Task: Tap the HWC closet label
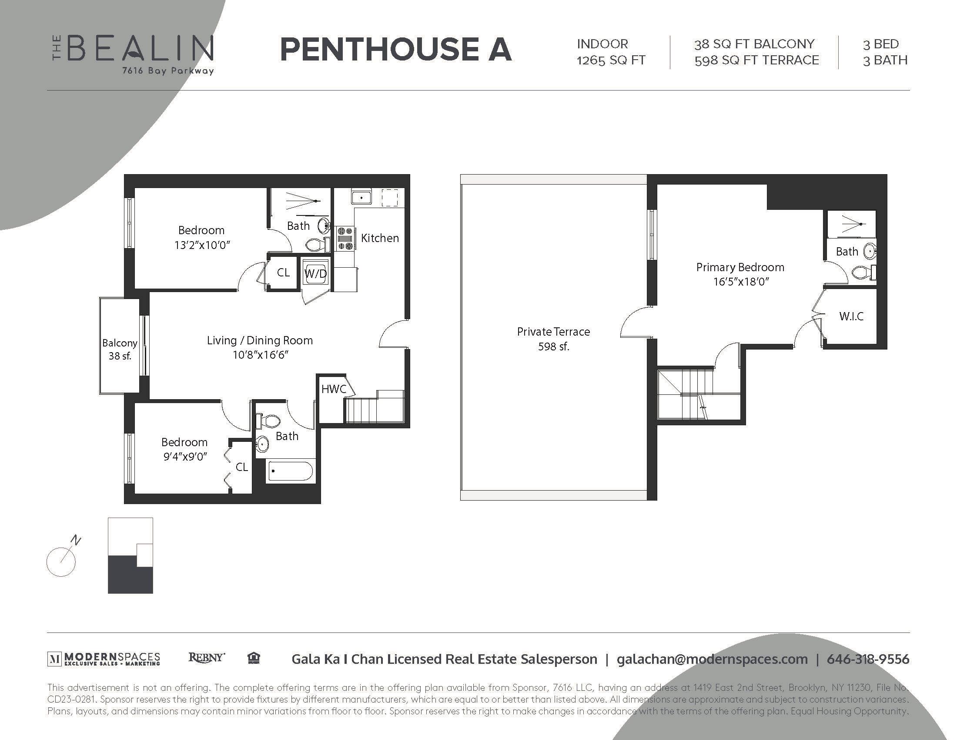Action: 334,389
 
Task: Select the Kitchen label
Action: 380,238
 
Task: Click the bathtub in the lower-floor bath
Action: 290,471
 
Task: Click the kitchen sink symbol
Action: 361,197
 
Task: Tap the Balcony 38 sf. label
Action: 120,349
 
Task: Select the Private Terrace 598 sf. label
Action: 553,338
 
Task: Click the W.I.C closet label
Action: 851,316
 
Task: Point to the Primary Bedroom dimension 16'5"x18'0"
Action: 740,282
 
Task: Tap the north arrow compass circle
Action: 61,562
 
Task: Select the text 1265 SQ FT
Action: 611,60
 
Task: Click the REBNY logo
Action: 206,658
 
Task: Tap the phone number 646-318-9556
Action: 868,659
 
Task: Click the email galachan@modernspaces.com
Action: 712,659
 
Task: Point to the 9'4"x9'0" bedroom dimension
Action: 185,457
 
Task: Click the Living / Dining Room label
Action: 260,340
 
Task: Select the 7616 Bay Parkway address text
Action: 168,71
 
